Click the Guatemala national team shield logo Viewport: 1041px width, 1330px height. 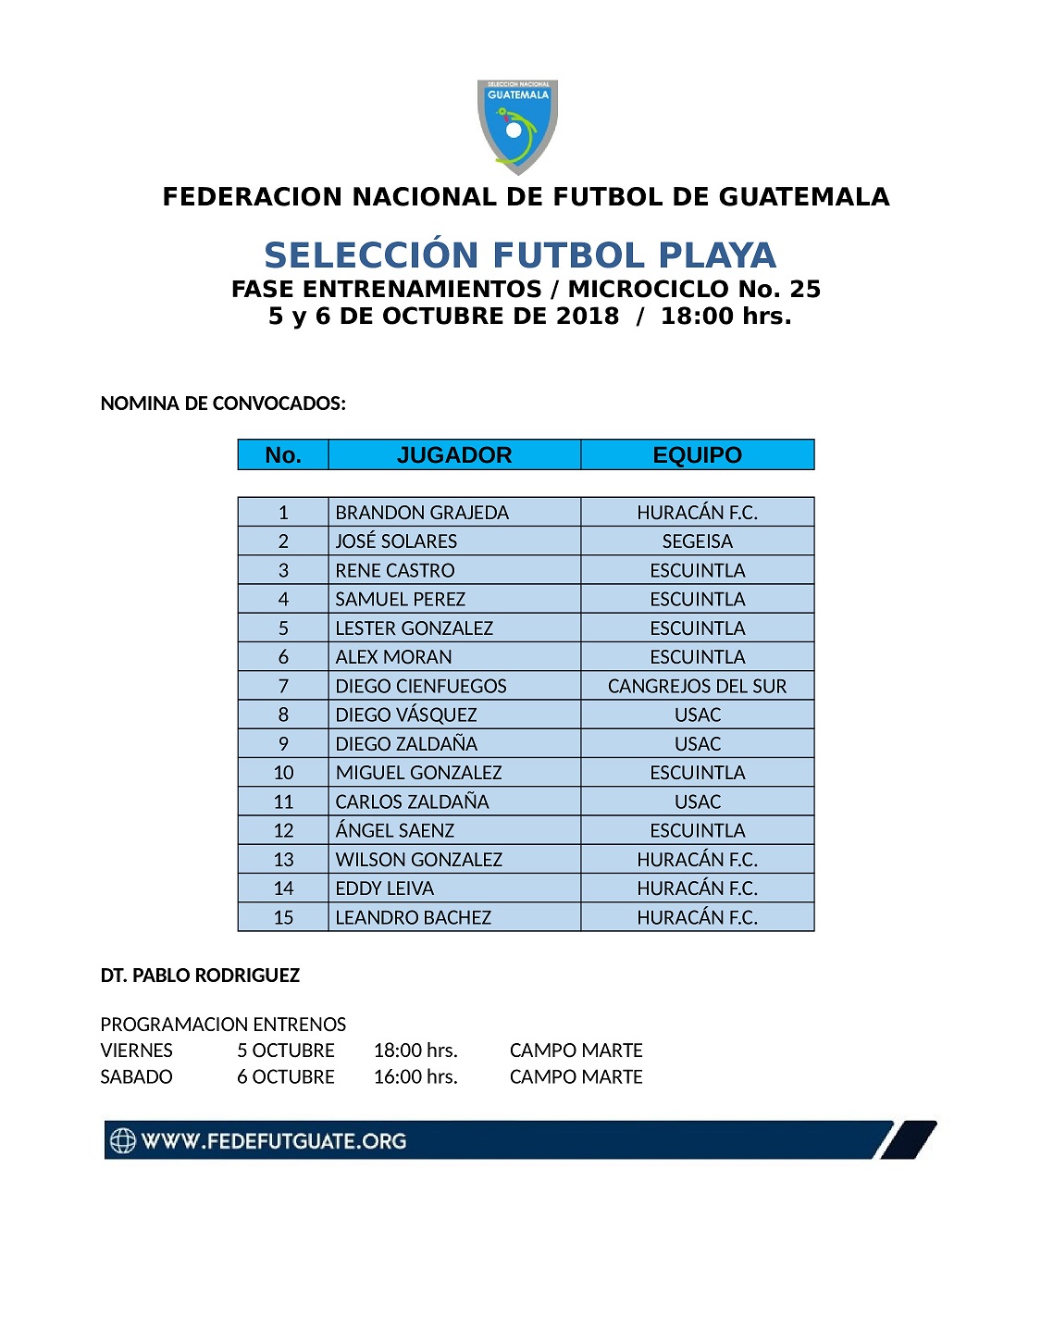point(517,126)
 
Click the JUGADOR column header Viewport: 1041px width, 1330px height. point(453,454)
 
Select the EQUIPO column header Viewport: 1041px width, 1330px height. point(697,454)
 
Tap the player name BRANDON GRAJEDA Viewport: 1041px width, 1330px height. point(422,513)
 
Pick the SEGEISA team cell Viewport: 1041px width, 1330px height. point(697,541)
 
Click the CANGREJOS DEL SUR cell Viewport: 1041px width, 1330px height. point(697,686)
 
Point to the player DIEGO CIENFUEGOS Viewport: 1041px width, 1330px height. point(421,686)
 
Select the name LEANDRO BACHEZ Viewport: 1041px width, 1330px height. point(413,917)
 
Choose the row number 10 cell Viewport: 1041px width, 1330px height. point(283,773)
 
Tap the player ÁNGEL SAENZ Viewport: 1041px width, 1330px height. point(395,830)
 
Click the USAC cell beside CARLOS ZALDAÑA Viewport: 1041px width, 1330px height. point(697,802)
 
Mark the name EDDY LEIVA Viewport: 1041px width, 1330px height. point(384,889)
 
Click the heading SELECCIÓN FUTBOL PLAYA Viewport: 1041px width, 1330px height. point(520,255)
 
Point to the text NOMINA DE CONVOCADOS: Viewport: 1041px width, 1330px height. point(223,404)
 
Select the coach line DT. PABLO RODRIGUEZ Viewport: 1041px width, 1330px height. point(200,976)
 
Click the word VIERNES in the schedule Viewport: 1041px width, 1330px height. point(136,1050)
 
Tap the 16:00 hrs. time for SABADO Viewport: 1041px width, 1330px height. point(415,1077)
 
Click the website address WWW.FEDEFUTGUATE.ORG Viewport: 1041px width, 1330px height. point(274,1141)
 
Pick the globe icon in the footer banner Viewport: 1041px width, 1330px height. point(123,1141)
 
